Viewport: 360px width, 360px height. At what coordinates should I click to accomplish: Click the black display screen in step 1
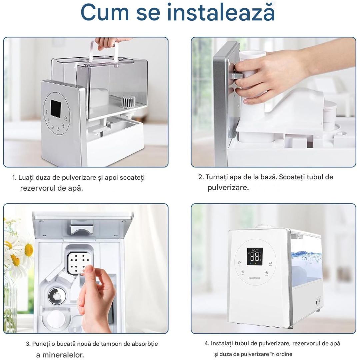tap(56, 108)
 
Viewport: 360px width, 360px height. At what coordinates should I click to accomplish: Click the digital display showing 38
tap(255, 256)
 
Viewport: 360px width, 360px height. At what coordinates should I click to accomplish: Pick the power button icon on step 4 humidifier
tap(239, 262)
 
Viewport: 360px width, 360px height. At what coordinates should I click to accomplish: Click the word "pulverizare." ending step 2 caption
tap(228, 188)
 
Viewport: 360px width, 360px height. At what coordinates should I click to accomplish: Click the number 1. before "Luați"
tap(14, 178)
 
